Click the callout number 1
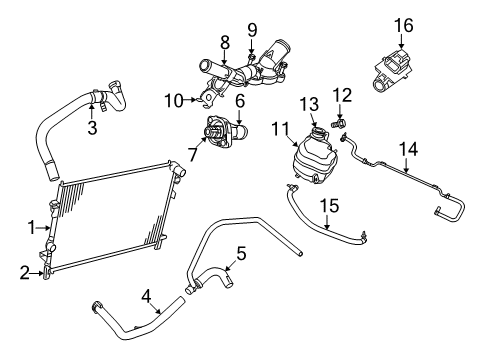pos(31,226)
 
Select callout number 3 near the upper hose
pos(91,129)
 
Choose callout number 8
pos(225,42)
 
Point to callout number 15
pos(328,207)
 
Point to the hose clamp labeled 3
pos(97,99)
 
